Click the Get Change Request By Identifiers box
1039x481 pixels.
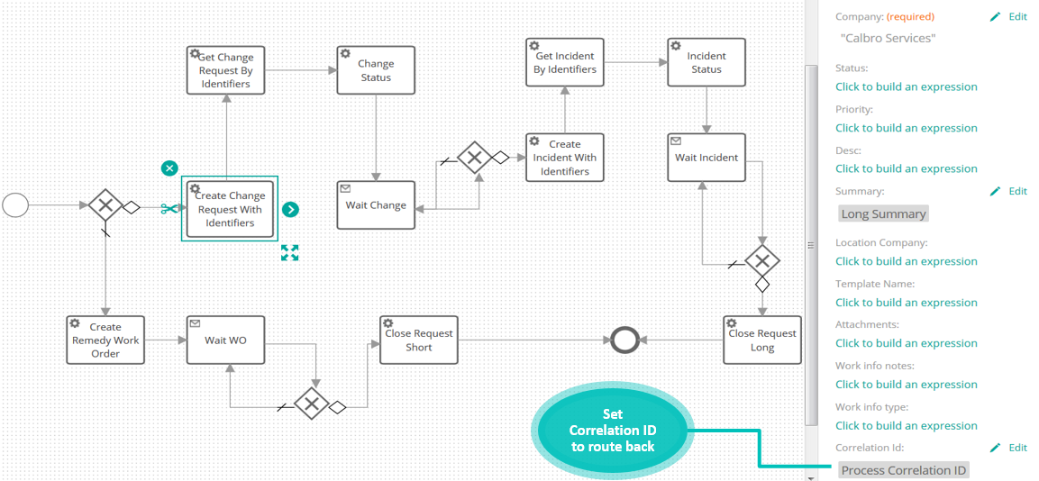tap(225, 70)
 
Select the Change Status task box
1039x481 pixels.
tap(376, 70)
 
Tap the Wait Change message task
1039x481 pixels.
tap(376, 205)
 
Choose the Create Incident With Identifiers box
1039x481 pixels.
tap(565, 158)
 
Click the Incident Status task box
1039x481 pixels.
tap(706, 62)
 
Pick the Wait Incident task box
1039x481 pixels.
tap(706, 158)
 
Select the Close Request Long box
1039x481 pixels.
tap(762, 340)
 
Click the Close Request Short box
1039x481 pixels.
tap(419, 340)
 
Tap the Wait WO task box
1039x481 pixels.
tap(225, 340)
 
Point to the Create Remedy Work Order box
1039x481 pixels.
tap(105, 340)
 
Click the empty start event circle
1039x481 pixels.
tap(15, 205)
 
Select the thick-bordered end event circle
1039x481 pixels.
tap(623, 340)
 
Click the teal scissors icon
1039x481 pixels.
tap(169, 209)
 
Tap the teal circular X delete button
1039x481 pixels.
tap(169, 168)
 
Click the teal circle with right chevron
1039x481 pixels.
tap(290, 209)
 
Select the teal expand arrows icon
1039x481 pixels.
tap(289, 252)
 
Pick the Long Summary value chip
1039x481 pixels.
tap(883, 214)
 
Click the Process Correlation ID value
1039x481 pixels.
tap(904, 470)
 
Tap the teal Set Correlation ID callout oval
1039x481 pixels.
tap(612, 430)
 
